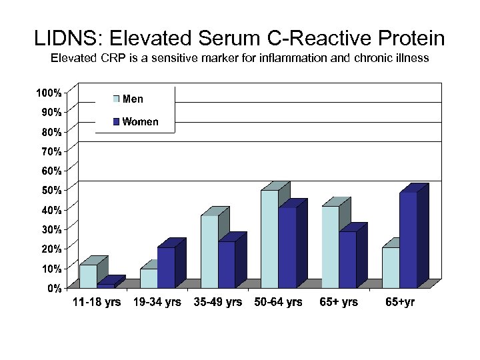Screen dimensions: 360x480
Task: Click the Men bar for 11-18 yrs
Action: pos(88,276)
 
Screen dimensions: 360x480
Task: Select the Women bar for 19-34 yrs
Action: pos(166,267)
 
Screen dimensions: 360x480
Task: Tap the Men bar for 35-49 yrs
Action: pos(209,251)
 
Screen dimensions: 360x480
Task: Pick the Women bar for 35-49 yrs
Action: pos(227,264)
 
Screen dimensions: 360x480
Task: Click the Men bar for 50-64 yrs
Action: pos(269,239)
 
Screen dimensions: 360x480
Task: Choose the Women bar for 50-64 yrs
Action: pos(287,247)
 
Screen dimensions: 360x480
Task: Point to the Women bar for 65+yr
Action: pos(408,239)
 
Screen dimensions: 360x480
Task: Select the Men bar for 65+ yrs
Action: pos(330,247)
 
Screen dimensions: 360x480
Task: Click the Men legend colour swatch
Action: pos(116,99)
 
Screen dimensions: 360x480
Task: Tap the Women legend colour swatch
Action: pos(116,121)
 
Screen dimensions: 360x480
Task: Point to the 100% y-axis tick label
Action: pos(49,92)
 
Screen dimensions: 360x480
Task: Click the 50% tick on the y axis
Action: pos(52,190)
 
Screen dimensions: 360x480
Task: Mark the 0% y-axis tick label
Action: pos(55,288)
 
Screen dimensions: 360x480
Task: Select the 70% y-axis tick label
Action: pos(52,151)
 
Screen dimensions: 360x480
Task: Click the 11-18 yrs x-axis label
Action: pos(97,302)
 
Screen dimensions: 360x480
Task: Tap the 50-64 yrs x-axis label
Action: pos(278,302)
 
